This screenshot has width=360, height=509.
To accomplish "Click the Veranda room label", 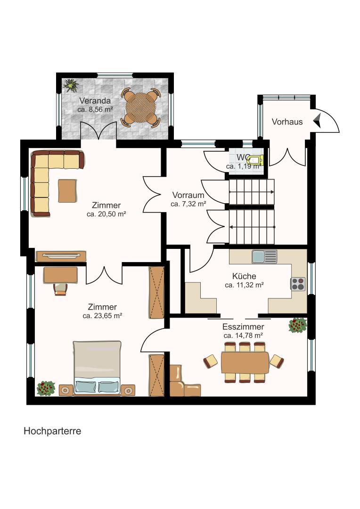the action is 95,101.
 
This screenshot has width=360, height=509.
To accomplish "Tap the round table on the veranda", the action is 141,107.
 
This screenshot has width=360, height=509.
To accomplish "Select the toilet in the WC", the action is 255,160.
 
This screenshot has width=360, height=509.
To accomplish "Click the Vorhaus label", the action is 287,122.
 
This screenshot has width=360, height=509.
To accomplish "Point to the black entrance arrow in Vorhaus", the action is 317,121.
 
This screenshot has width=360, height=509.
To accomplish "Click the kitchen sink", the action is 264,256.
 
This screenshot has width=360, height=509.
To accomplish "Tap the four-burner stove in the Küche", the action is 298,284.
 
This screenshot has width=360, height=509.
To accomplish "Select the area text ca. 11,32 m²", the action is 244,285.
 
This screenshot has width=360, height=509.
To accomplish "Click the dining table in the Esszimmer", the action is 245,362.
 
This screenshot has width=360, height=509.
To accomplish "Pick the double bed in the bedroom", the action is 97,368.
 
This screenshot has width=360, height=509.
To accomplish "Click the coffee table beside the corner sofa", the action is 67,191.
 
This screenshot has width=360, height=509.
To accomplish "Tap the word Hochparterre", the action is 52,431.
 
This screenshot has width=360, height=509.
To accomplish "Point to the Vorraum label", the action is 188,195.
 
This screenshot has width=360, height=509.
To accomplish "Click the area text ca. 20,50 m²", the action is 106,214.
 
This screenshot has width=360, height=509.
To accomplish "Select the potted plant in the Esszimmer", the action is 297,325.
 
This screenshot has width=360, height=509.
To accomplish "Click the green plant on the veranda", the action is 71,85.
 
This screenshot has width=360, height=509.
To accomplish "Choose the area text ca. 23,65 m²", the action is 102,315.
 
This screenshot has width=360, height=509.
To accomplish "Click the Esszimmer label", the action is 243,327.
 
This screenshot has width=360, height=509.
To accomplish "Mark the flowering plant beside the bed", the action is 46,388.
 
